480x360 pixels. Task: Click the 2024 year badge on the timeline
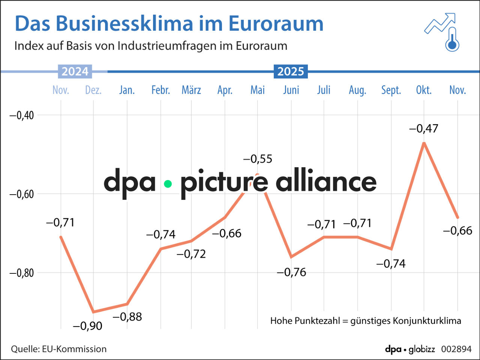click(75, 71)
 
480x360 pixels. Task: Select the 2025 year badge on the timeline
click(291, 71)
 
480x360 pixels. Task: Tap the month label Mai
click(258, 90)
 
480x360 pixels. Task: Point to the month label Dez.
click(93, 90)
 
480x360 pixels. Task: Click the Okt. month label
click(424, 90)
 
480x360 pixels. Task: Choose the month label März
click(191, 90)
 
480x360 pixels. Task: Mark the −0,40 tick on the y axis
click(21, 115)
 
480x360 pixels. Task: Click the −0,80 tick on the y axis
click(21, 273)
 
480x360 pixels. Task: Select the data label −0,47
click(423, 129)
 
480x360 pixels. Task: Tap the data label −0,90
click(87, 326)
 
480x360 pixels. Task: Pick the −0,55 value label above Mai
click(258, 159)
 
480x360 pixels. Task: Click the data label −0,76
click(291, 272)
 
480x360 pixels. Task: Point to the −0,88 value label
click(127, 317)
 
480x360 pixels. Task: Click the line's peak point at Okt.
click(424, 143)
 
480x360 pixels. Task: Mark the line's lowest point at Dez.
click(93, 312)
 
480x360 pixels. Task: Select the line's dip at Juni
click(291, 257)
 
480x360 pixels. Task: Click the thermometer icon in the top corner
click(452, 40)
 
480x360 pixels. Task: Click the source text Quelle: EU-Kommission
click(58, 349)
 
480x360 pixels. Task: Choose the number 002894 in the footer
click(456, 349)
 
